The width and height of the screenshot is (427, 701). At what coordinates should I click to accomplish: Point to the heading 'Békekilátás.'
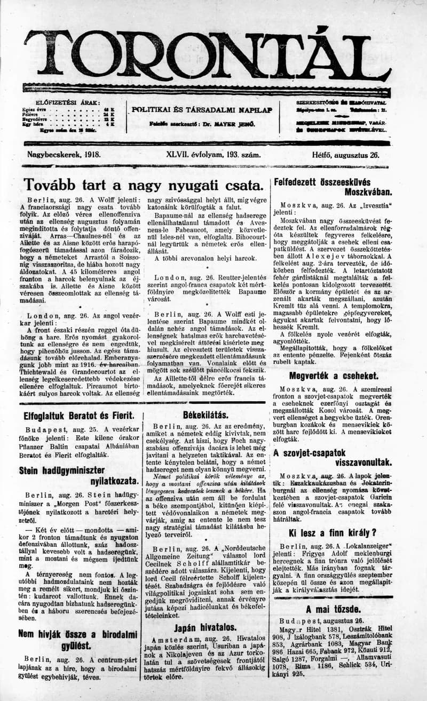coord(205,414)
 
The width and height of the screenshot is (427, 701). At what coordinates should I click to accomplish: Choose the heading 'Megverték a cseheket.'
coord(333,375)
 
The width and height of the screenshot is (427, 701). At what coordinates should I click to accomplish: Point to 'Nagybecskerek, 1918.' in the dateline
coord(64,155)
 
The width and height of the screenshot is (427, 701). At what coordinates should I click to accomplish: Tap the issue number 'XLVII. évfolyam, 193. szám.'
coord(213,155)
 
